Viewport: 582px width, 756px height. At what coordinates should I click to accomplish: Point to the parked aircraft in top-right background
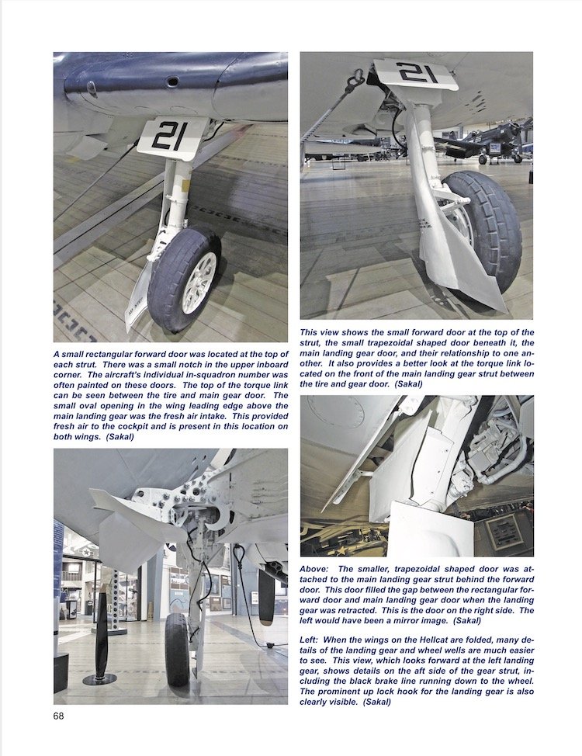493,144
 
